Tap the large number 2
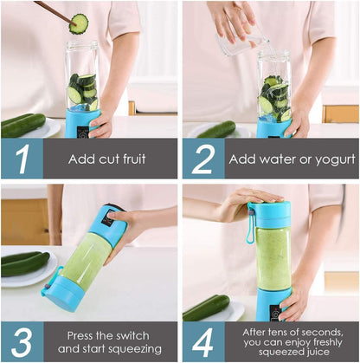click(202, 159)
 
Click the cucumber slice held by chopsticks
click(79, 23)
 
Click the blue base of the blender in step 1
click(83, 123)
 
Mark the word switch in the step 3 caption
click(132, 334)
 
